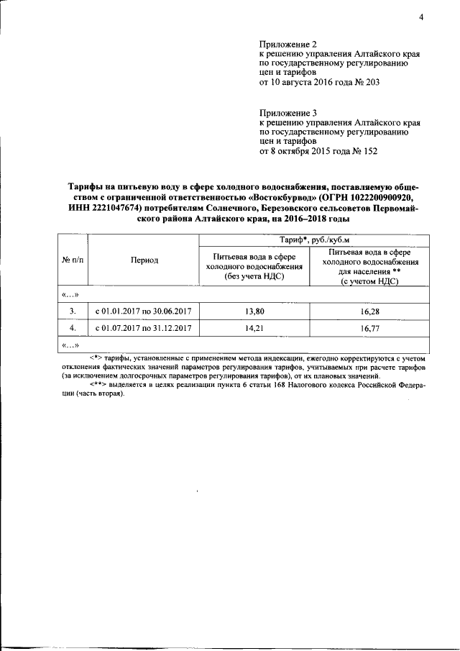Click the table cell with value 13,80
click(254, 311)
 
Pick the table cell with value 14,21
click(254, 329)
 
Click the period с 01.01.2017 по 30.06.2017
click(144, 311)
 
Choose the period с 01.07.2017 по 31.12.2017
click(144, 329)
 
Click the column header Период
click(144, 260)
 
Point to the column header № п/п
click(73, 260)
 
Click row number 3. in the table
click(73, 311)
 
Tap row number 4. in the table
click(73, 329)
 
